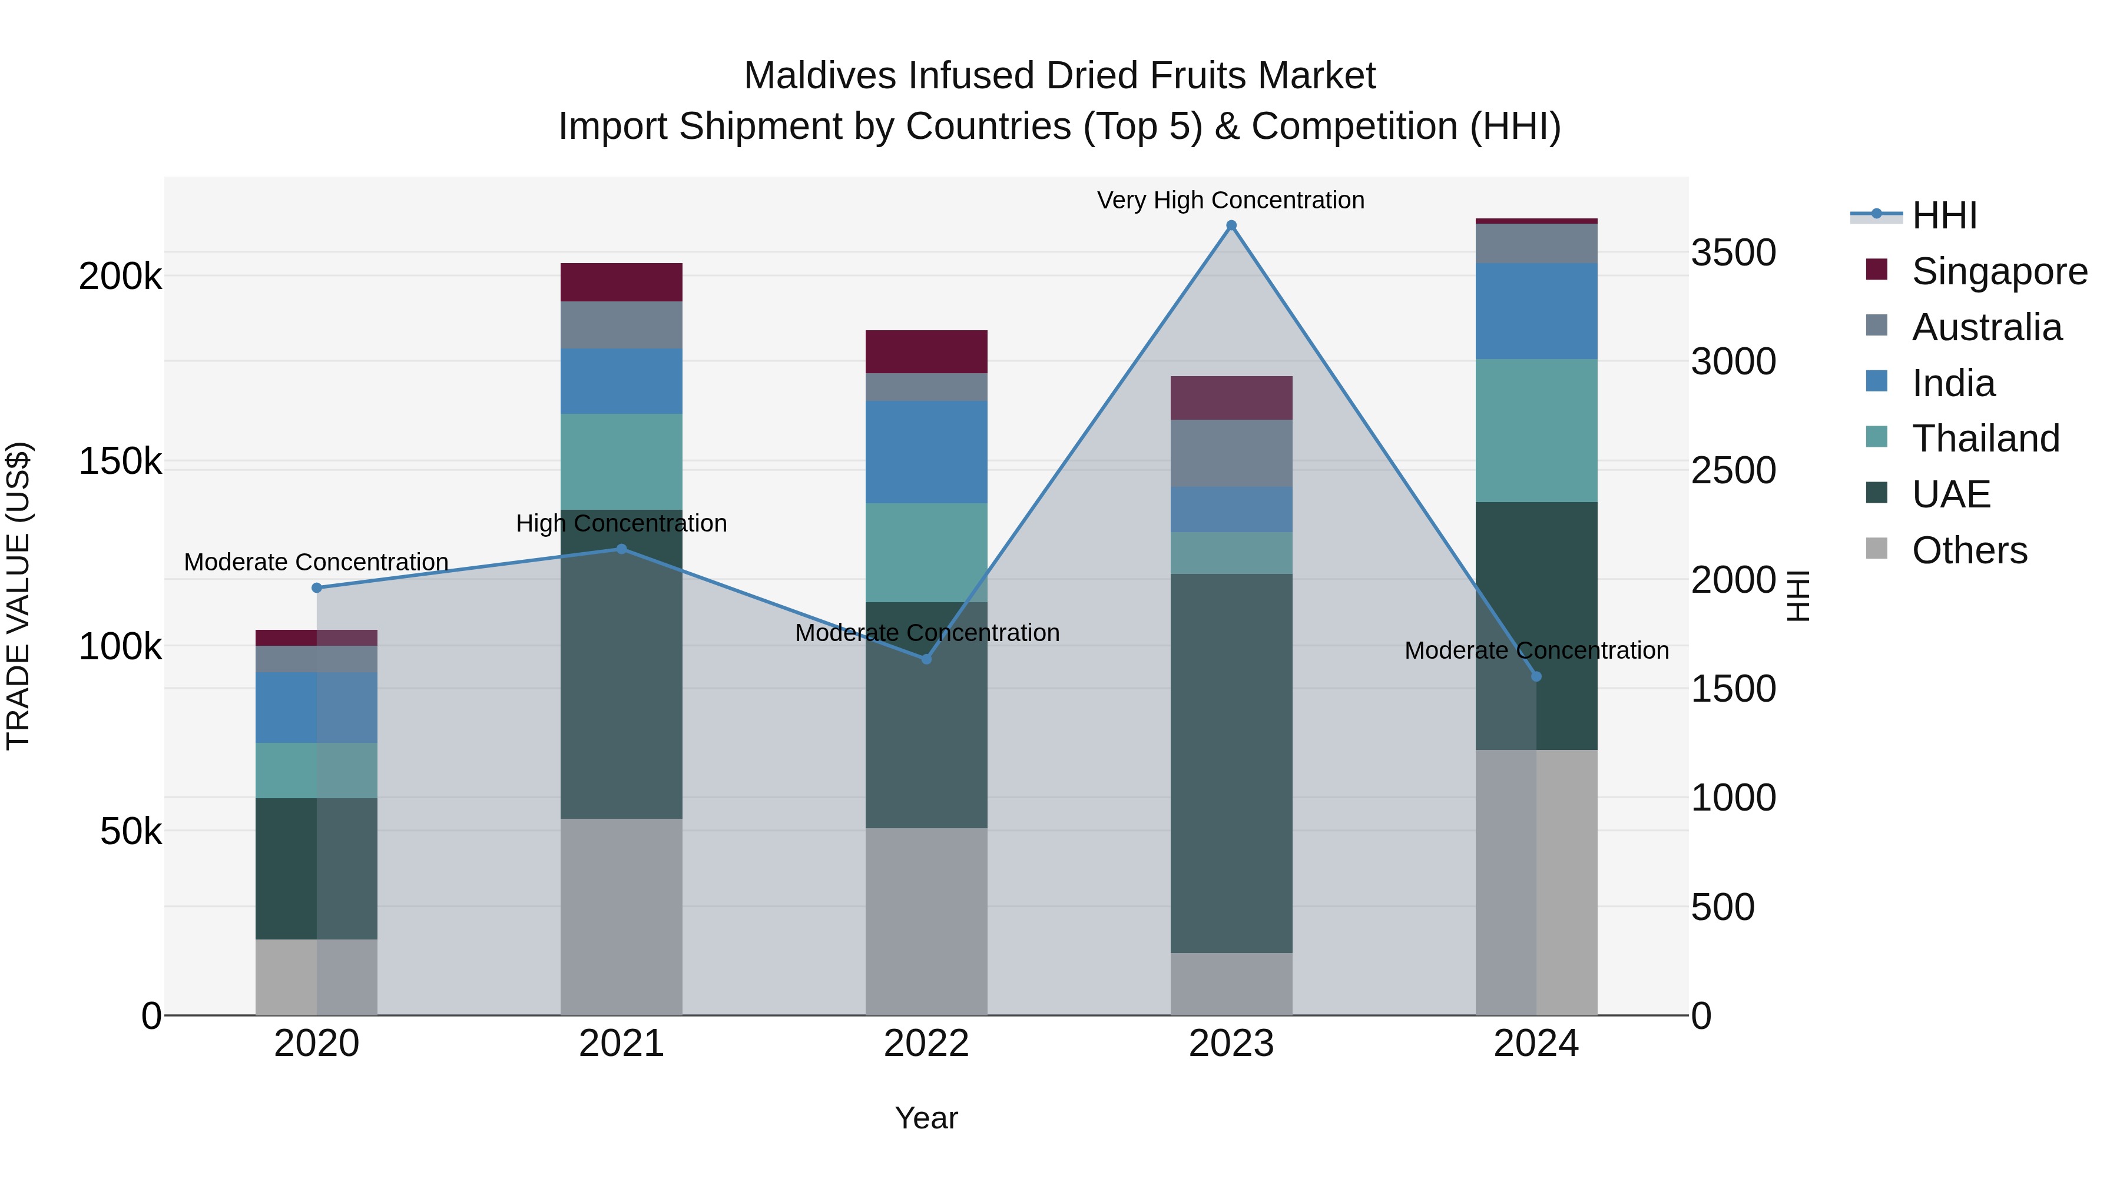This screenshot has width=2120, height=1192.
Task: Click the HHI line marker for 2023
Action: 1231,225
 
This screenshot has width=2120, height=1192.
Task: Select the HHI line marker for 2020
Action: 317,587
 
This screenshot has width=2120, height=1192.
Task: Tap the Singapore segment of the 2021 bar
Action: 621,282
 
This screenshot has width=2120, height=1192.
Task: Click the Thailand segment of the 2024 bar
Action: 1536,430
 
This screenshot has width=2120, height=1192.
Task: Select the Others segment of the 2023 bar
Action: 1231,984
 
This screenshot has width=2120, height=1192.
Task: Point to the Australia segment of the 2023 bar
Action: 1231,453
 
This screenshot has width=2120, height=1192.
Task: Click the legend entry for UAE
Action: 1950,494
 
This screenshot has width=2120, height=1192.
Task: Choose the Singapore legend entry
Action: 1999,271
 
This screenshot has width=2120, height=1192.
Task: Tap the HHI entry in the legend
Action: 1944,215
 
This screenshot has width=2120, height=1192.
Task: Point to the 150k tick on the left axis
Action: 120,461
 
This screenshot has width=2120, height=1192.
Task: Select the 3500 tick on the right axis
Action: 1733,253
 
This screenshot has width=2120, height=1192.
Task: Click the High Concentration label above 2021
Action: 621,523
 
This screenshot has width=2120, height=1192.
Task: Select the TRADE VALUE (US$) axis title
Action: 18,596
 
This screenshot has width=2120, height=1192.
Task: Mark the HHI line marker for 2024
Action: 1536,676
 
